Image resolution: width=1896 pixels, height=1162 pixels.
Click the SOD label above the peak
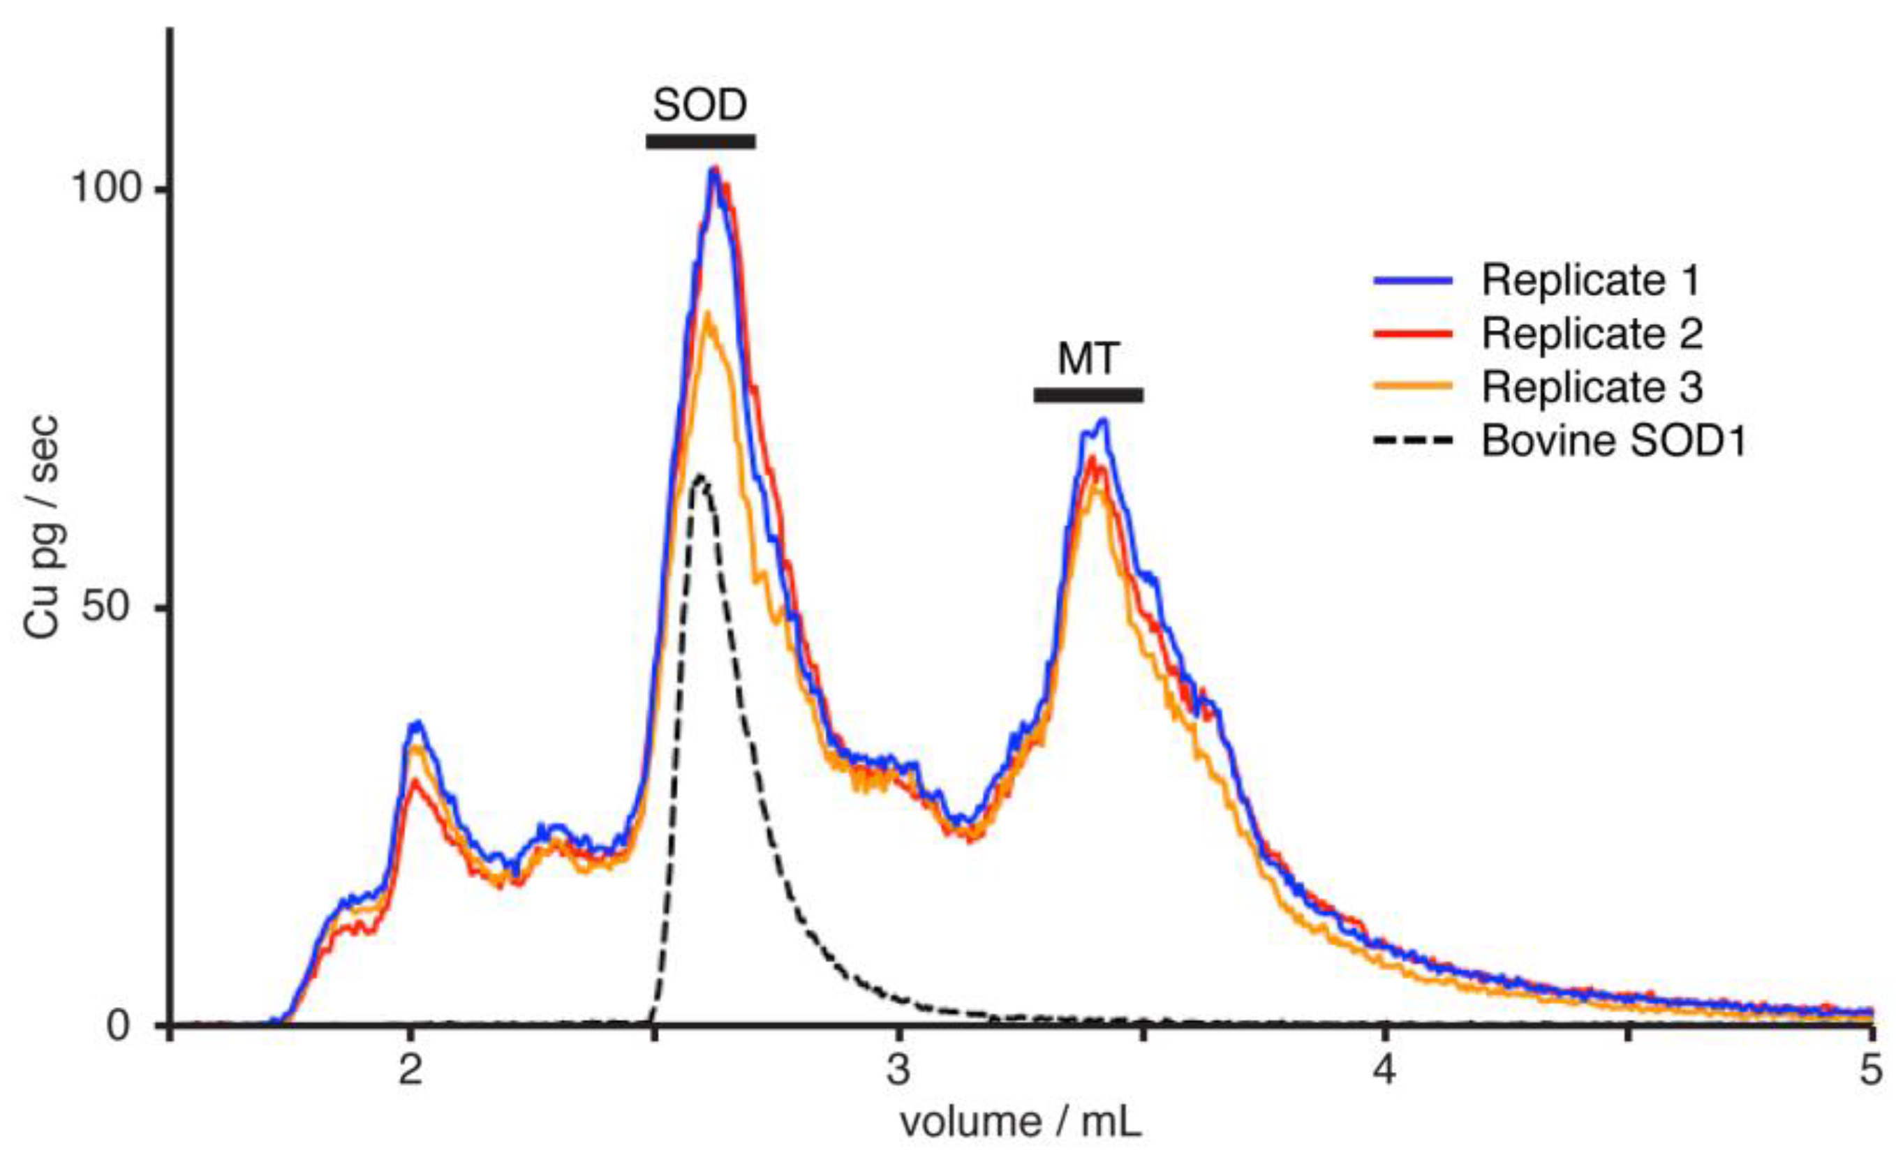(x=699, y=106)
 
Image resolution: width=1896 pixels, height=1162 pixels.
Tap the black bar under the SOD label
(x=700, y=142)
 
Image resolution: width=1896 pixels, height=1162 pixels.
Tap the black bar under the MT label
(x=1088, y=394)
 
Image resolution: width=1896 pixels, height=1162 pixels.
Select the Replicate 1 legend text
(x=1590, y=281)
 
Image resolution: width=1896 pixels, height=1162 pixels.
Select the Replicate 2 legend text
(x=1592, y=334)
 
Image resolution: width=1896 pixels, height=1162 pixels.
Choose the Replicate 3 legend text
(x=1592, y=387)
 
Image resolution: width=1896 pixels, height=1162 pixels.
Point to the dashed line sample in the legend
(x=1413, y=440)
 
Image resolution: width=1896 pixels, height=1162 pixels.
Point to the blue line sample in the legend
(x=1413, y=281)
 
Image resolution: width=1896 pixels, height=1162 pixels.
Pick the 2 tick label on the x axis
(x=410, y=1070)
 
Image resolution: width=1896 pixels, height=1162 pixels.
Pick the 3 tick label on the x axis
(x=898, y=1070)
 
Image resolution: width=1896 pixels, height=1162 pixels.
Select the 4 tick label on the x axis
(x=1384, y=1070)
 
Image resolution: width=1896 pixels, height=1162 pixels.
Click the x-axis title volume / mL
(x=1021, y=1123)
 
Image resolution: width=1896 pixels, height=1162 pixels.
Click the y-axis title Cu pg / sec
(x=40, y=527)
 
